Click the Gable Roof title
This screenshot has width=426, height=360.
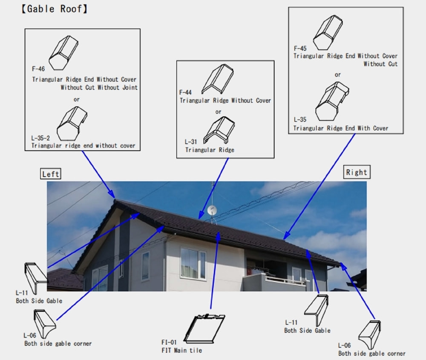55,9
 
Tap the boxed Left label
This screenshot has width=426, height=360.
51,174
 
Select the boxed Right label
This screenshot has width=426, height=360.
357,172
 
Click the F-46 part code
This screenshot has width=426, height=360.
38,69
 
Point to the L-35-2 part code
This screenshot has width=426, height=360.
40,138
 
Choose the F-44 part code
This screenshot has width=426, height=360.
185,92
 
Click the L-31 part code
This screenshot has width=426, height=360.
191,142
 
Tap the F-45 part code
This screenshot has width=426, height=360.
300,49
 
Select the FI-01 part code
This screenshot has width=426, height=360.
169,343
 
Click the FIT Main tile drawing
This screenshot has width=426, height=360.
204,328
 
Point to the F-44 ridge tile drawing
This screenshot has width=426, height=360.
218,79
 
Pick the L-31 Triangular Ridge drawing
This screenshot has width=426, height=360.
219,130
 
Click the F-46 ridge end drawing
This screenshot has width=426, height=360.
63,53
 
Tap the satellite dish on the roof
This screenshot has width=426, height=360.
212,211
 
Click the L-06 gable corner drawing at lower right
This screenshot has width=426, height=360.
370,335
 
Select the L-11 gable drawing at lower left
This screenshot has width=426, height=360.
36,278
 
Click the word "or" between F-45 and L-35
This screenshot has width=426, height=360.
338,74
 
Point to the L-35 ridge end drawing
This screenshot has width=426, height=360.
332,101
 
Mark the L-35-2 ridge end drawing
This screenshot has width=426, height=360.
72,123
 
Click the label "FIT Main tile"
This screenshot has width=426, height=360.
182,351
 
